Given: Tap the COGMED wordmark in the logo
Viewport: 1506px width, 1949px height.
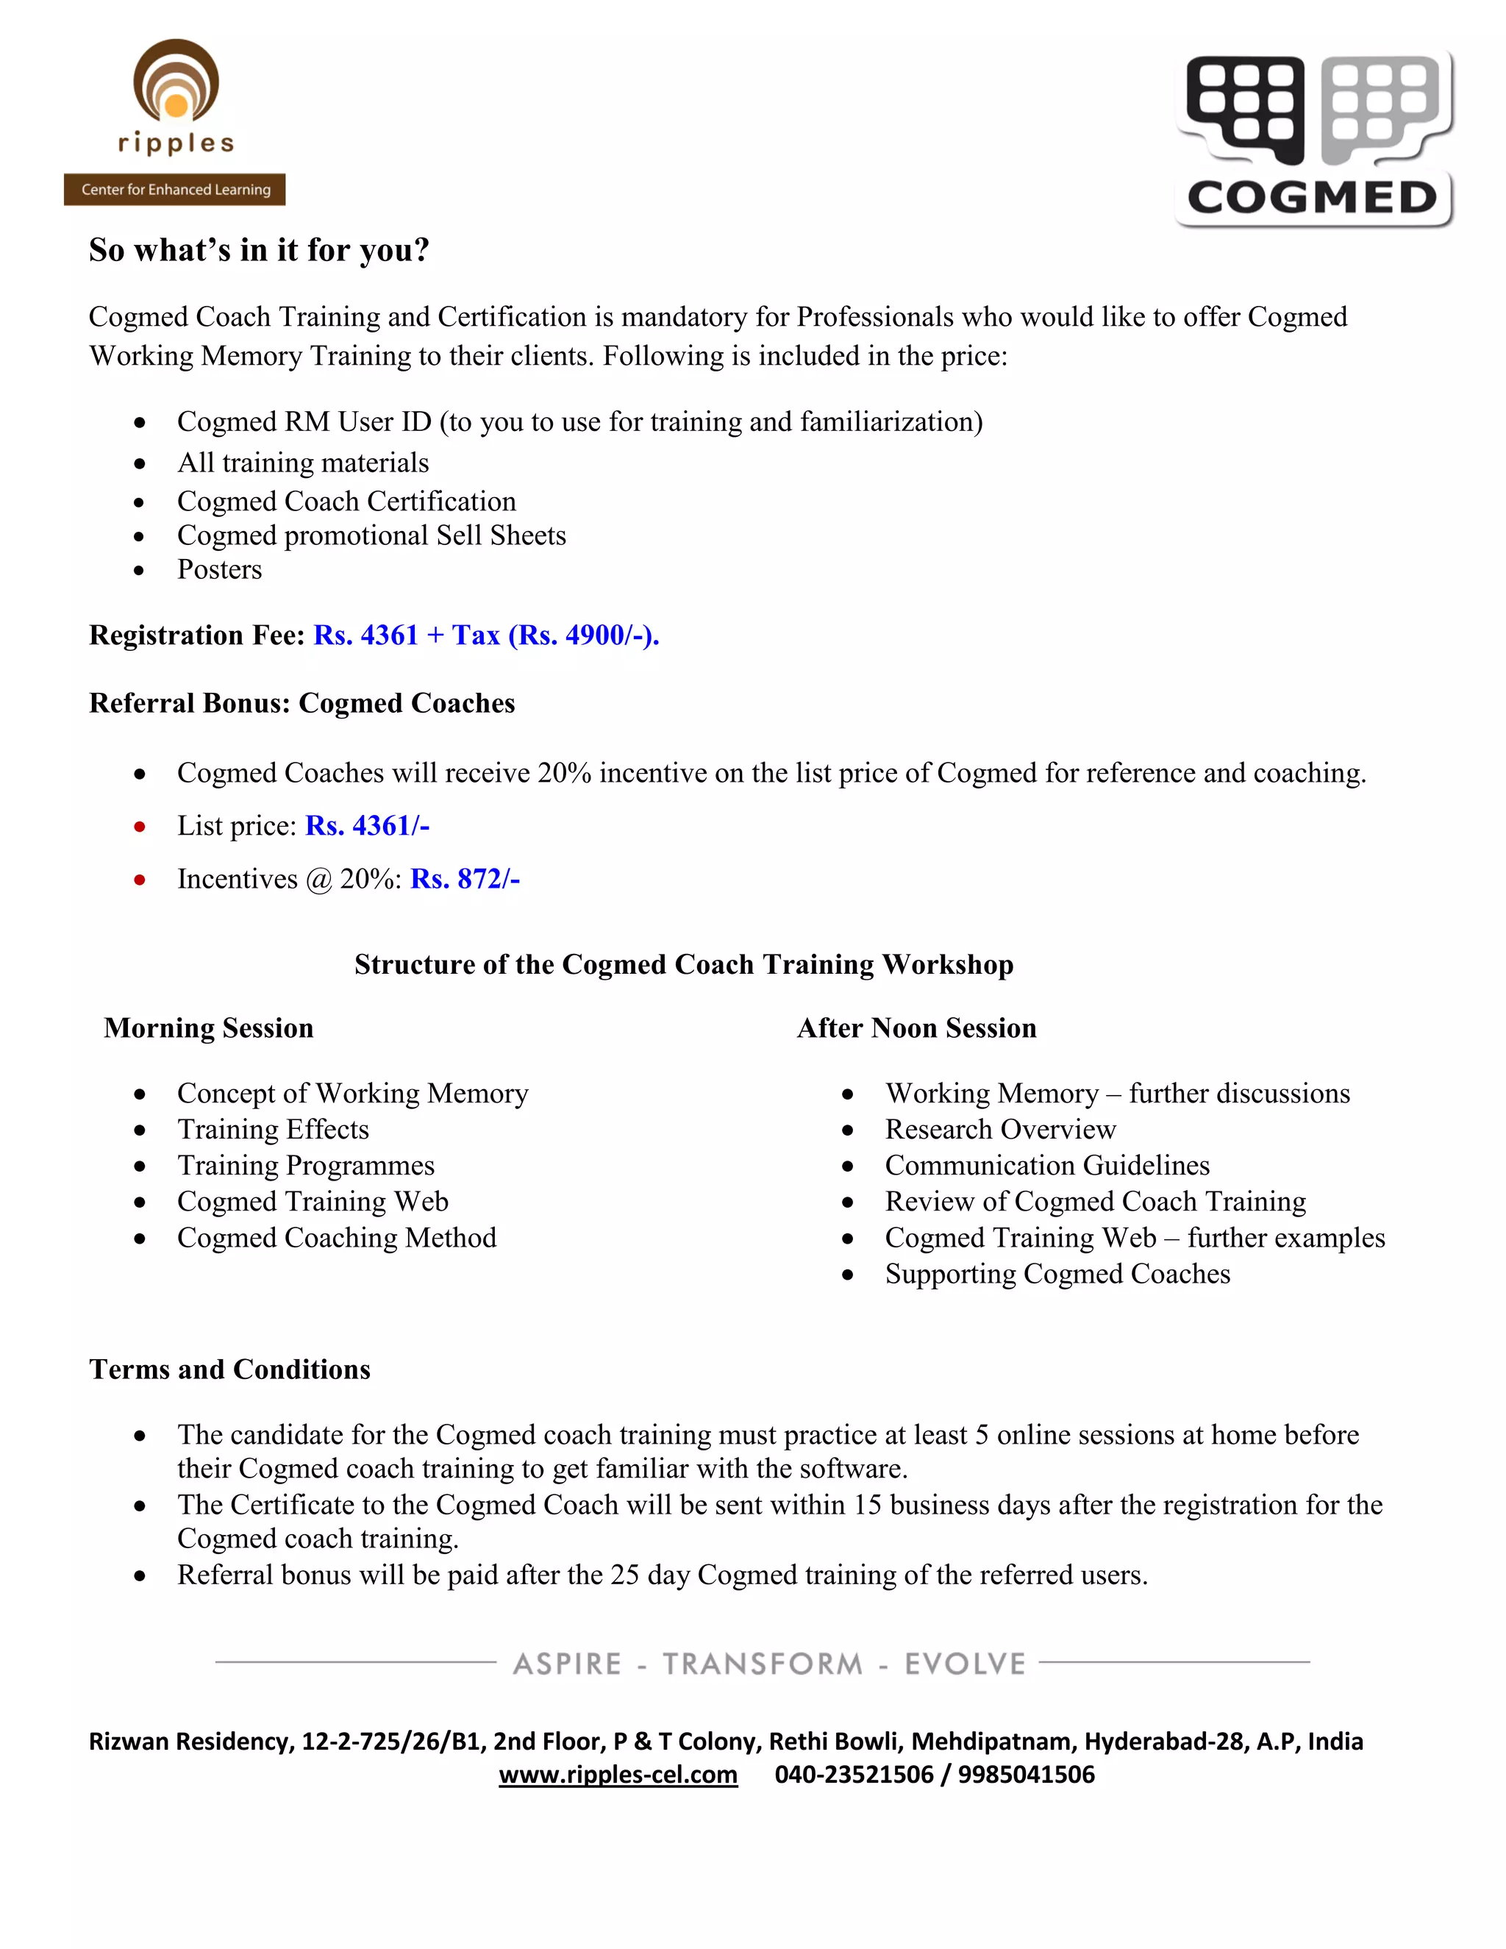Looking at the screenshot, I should (1312, 198).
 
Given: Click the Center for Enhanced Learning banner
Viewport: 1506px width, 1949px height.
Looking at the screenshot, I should (175, 189).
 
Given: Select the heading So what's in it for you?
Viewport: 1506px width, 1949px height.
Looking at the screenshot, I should (259, 250).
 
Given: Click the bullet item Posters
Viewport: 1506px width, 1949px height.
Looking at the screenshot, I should (219, 569).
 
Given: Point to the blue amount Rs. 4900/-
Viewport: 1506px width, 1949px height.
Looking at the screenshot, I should (582, 635).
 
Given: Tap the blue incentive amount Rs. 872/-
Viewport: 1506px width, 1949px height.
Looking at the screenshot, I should (465, 879).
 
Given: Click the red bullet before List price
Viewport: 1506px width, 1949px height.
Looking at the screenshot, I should (139, 827).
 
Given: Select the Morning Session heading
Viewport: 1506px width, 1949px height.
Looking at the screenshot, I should (209, 1028).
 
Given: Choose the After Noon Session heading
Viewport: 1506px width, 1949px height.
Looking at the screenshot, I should (916, 1028).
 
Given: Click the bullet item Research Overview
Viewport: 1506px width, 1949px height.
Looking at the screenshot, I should (1000, 1130).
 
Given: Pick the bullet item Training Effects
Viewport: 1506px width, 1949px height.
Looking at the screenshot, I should (273, 1130).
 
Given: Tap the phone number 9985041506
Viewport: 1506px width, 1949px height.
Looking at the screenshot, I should (1026, 1774).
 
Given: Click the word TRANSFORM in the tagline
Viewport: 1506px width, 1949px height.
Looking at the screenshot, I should (763, 1664).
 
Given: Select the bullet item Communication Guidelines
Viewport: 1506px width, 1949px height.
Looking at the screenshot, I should (1047, 1166).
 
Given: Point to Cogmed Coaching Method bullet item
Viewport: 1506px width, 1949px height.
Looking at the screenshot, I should (336, 1238).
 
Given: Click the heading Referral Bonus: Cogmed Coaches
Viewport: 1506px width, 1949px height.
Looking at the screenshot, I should (301, 703).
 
